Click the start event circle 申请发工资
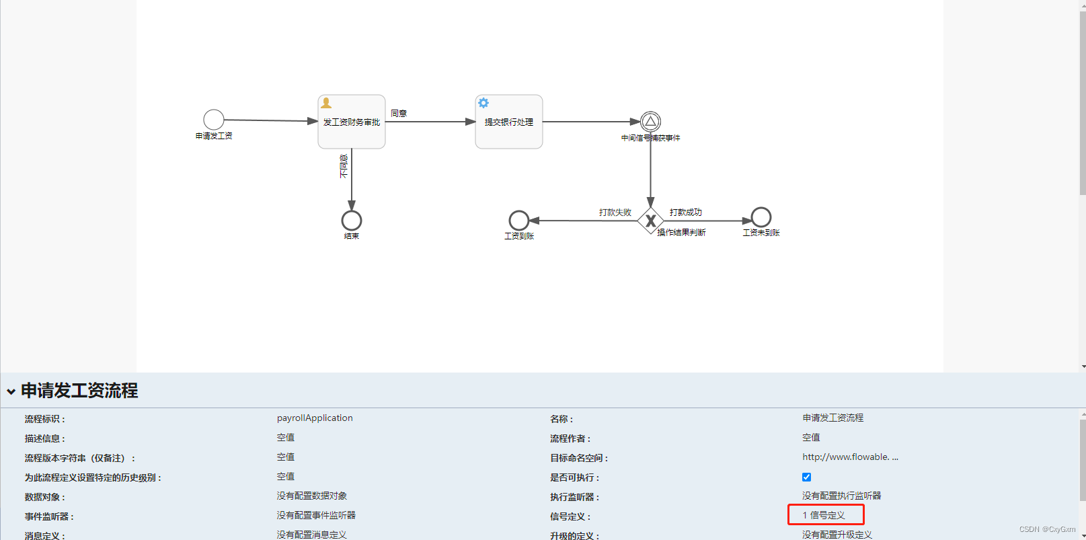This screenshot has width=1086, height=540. coord(214,120)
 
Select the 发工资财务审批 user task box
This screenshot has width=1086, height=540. coord(352,122)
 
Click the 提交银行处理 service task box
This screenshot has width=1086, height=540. coord(509,122)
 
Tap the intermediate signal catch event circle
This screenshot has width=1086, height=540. coord(650,122)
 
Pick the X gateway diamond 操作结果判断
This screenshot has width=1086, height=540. coord(650,221)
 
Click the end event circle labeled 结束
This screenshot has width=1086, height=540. coord(352,221)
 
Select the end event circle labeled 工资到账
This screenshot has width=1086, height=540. coord(519,221)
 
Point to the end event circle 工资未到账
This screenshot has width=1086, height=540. coord(761,217)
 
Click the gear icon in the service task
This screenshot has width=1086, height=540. coord(483,103)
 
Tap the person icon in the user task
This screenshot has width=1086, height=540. coord(326,103)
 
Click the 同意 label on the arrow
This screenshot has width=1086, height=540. coord(399,114)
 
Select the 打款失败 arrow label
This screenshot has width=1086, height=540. coord(615,213)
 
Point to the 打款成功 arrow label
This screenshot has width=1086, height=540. coord(685,213)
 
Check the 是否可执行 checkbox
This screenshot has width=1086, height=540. coord(806,477)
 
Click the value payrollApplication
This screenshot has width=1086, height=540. coord(315,418)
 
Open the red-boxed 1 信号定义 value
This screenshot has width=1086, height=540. coord(826,515)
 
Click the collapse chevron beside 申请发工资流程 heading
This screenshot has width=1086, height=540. coord(11,391)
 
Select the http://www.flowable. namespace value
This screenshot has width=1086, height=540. coord(849,457)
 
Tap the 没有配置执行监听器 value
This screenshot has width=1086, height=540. coord(841,496)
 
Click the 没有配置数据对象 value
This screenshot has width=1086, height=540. coord(312,496)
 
